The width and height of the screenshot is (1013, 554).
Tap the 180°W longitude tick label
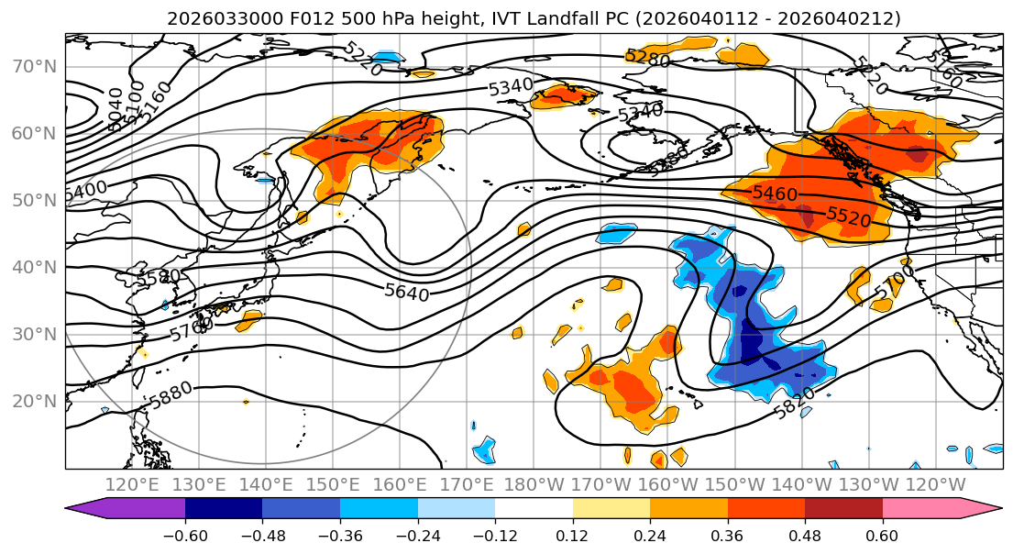pyautogui.click(x=534, y=484)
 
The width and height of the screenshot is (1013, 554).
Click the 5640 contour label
pyautogui.click(x=406, y=292)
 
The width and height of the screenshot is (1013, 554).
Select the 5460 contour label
pyautogui.click(x=775, y=194)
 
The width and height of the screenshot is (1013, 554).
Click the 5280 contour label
pyautogui.click(x=647, y=58)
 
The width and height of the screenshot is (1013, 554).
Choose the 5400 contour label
pyautogui.click(x=86, y=191)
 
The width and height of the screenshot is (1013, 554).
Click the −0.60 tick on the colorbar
pyautogui.click(x=185, y=535)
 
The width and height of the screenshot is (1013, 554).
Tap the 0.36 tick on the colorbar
pyautogui.click(x=727, y=535)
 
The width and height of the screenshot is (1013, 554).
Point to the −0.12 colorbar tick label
pyautogui.click(x=495, y=535)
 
